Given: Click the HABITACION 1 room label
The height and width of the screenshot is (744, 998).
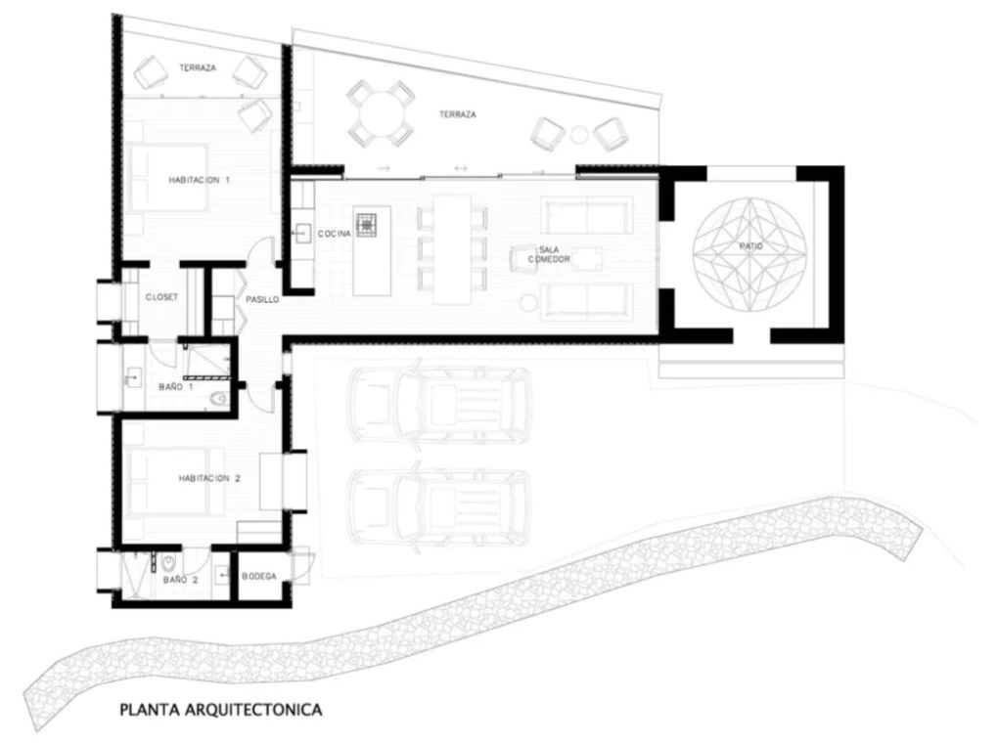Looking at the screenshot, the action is tap(199, 180).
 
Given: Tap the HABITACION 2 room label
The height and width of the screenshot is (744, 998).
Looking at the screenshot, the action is tap(209, 478).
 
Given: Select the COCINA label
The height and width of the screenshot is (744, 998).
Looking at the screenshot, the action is tap(335, 234).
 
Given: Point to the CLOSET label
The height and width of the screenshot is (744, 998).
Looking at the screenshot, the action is tap(161, 297).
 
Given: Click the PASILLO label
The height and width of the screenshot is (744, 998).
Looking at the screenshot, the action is tap(262, 299).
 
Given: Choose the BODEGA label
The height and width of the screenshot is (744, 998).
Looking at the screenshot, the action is tap(259, 576).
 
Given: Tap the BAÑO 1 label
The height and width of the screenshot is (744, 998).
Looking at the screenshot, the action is tap(176, 386).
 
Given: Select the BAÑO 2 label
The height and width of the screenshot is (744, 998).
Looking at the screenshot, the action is tap(181, 580).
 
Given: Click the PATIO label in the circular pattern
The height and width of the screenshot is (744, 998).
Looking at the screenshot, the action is tap(751, 246).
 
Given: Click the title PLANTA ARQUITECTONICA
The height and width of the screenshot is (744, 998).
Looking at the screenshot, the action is tap(221, 709).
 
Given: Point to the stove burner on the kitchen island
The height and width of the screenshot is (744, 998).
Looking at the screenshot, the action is tap(366, 225).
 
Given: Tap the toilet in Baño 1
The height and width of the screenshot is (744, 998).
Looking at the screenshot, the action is tap(218, 399).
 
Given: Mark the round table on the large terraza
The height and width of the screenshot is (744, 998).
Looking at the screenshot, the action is tap(380, 113).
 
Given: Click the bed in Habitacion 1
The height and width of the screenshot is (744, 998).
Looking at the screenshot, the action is tap(168, 178).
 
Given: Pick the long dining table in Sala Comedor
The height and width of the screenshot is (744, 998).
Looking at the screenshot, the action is tap(453, 249).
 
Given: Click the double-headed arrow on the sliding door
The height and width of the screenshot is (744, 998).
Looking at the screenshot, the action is tap(461, 168).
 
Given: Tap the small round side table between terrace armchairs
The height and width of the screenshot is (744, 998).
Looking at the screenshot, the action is tap(578, 135).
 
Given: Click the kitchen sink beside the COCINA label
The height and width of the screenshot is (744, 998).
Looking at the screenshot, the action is tap(301, 234).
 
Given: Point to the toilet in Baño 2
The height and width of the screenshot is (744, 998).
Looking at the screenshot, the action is tap(168, 563).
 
